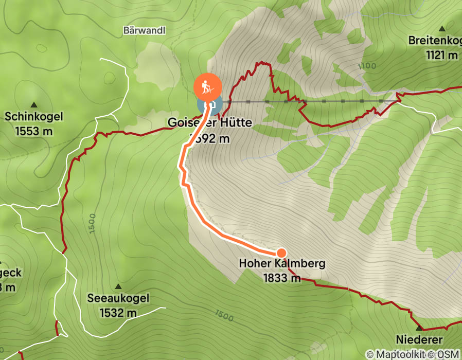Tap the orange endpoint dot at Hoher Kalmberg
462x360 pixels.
[x=281, y=253]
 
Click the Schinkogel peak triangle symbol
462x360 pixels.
[x=34, y=104]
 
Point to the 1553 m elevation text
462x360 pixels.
[x=34, y=131]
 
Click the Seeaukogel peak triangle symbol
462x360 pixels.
[x=118, y=286]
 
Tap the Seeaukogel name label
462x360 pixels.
[x=118, y=299]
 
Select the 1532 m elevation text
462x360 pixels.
[x=118, y=312]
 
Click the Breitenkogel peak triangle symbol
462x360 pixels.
[x=442, y=28]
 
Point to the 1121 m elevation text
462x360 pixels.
[x=442, y=55]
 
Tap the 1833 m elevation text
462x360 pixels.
[x=282, y=278]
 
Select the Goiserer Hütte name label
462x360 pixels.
[x=209, y=123]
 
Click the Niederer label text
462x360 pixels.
[x=419, y=340]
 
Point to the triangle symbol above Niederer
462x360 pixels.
[x=419, y=327]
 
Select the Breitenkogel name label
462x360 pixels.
[x=435, y=41]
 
